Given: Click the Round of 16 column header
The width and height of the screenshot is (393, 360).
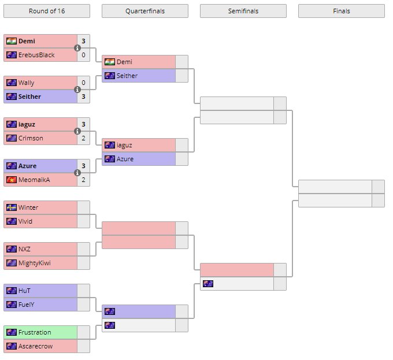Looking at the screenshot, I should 46,11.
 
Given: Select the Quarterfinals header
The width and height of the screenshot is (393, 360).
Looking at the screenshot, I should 144,11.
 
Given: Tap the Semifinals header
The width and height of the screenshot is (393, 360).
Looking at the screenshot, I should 243,11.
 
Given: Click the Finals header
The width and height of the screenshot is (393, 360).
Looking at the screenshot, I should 341,11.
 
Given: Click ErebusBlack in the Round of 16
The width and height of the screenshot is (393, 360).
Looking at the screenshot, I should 36,55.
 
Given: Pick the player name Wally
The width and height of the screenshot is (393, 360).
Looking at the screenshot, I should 26,83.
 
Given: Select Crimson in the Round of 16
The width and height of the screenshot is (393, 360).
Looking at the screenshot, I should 31,138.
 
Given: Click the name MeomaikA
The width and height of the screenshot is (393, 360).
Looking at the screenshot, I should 35,180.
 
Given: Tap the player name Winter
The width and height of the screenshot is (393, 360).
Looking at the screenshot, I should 28,207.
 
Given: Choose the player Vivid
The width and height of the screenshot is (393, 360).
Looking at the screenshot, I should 25,221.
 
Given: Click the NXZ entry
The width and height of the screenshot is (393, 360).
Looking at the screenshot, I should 24,249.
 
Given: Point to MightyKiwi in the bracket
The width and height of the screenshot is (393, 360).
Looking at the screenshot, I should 35,263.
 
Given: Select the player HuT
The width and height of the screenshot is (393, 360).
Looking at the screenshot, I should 24,291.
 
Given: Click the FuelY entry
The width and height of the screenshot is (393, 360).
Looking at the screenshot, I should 27,305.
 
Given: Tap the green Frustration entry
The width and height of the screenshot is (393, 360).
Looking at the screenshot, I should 35,332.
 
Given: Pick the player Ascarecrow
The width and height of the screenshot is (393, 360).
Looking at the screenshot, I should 35,346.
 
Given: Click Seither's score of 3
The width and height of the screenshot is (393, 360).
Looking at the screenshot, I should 83,97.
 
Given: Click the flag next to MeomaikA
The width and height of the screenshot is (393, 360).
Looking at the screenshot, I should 11,180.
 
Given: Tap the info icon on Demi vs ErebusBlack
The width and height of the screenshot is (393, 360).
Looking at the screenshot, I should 77,48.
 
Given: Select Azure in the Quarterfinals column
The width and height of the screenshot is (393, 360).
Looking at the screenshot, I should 125,159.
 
